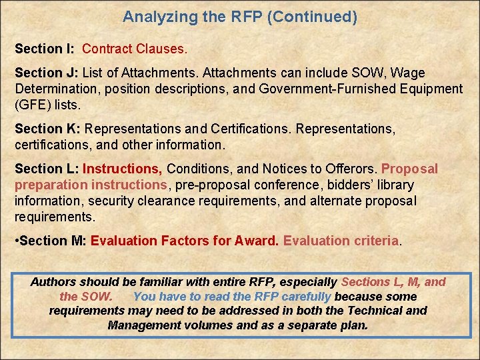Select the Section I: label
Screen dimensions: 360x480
45,49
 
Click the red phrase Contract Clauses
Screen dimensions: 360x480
135,49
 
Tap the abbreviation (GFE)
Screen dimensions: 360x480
31,105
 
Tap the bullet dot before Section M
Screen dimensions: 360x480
17,241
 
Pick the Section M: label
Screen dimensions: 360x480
53,241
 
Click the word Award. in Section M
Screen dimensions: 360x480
256,241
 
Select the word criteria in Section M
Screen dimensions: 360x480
374,241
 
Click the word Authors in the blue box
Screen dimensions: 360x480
53,282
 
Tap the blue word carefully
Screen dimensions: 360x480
306,297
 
